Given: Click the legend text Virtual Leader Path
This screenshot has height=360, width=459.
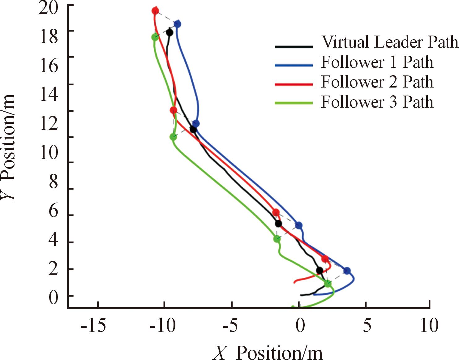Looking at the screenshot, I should [x=390, y=42].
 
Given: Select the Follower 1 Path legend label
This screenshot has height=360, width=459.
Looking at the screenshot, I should [x=377, y=62].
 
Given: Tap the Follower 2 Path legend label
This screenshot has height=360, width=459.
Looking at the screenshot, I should [x=377, y=82].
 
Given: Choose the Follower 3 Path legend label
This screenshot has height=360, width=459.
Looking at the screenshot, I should [x=377, y=102].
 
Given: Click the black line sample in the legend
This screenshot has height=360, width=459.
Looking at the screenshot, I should [x=294, y=46].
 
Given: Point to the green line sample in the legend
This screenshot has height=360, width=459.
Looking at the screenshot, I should [x=294, y=103].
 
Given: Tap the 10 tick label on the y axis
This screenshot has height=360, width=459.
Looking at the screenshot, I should [x=49, y=152].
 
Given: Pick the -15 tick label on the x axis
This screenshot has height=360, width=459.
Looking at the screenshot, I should [x=93, y=326].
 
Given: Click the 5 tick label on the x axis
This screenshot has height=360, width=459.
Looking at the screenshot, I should [x=367, y=326].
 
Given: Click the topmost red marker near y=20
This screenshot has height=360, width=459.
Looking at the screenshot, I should [x=155, y=11].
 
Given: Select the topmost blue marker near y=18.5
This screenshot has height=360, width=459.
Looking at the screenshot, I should [x=177, y=24].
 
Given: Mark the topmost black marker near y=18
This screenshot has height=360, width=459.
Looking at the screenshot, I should [x=169, y=32].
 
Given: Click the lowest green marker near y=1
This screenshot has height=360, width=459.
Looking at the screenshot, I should [x=328, y=284].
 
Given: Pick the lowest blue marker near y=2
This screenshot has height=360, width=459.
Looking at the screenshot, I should [x=347, y=271].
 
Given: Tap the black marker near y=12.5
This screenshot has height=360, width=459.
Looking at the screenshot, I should [x=193, y=130].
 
